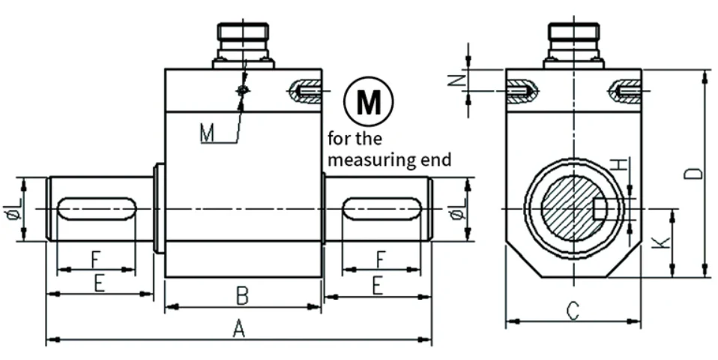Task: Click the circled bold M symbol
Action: pos(369,101)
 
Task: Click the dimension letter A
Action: pos(238,328)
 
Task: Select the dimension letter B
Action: pos(242,296)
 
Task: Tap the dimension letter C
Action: pos(573,311)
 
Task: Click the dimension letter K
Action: pos(662,242)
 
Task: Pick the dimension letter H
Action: pos(618,164)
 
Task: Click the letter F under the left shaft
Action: pos(94,259)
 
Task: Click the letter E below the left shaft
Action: pos(100,283)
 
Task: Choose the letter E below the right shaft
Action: pos(377,286)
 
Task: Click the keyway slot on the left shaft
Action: pos(97,208)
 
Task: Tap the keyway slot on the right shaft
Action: pos(382,208)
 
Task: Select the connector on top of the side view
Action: pos(243,45)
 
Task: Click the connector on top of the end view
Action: pos(574,45)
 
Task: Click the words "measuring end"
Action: pos(390,160)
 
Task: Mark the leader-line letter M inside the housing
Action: pos(207,134)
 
